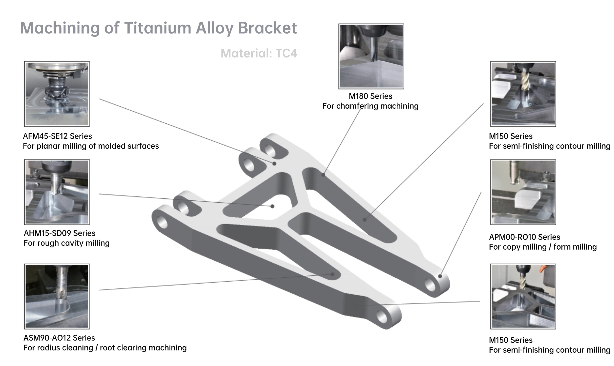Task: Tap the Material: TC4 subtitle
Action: [x=259, y=53]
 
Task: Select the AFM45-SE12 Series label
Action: [x=57, y=136]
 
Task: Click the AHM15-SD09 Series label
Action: [x=59, y=233]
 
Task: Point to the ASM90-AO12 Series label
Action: [x=59, y=338]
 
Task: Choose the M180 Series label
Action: [x=370, y=96]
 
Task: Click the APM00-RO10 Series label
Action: [x=524, y=237]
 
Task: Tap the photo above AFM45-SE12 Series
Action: [x=57, y=94]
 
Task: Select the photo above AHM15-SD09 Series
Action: [x=57, y=192]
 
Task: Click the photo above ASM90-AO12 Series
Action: [x=57, y=296]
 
